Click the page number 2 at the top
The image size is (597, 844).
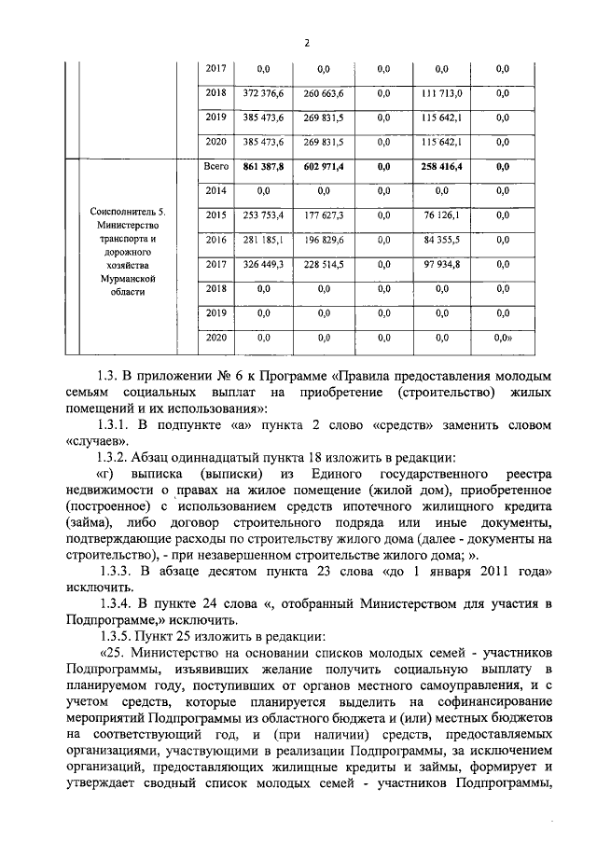pyautogui.click(x=305, y=41)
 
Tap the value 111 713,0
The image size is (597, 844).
pyautogui.click(x=441, y=94)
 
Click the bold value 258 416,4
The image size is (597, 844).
pyautogui.click(x=441, y=166)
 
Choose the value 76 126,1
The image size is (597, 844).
pyautogui.click(x=441, y=215)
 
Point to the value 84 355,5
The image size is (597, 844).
pyautogui.click(x=441, y=240)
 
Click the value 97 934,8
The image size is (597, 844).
pyautogui.click(x=441, y=265)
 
